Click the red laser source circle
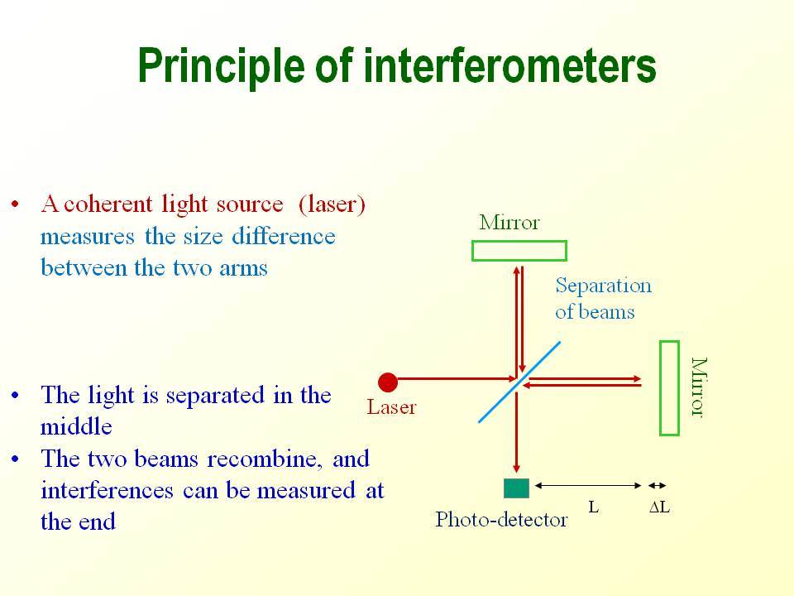point(388,382)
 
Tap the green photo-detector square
point(516,488)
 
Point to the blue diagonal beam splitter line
point(519,382)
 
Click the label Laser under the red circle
point(391,407)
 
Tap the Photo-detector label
point(501,520)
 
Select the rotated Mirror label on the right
point(699,387)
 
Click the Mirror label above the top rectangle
point(509,223)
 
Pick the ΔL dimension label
point(659,507)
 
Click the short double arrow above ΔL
point(658,486)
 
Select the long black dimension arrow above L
point(588,486)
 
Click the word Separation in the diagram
point(604,286)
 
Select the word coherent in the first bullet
point(108,204)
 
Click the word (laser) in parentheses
point(332,204)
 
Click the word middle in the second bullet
point(76,426)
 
